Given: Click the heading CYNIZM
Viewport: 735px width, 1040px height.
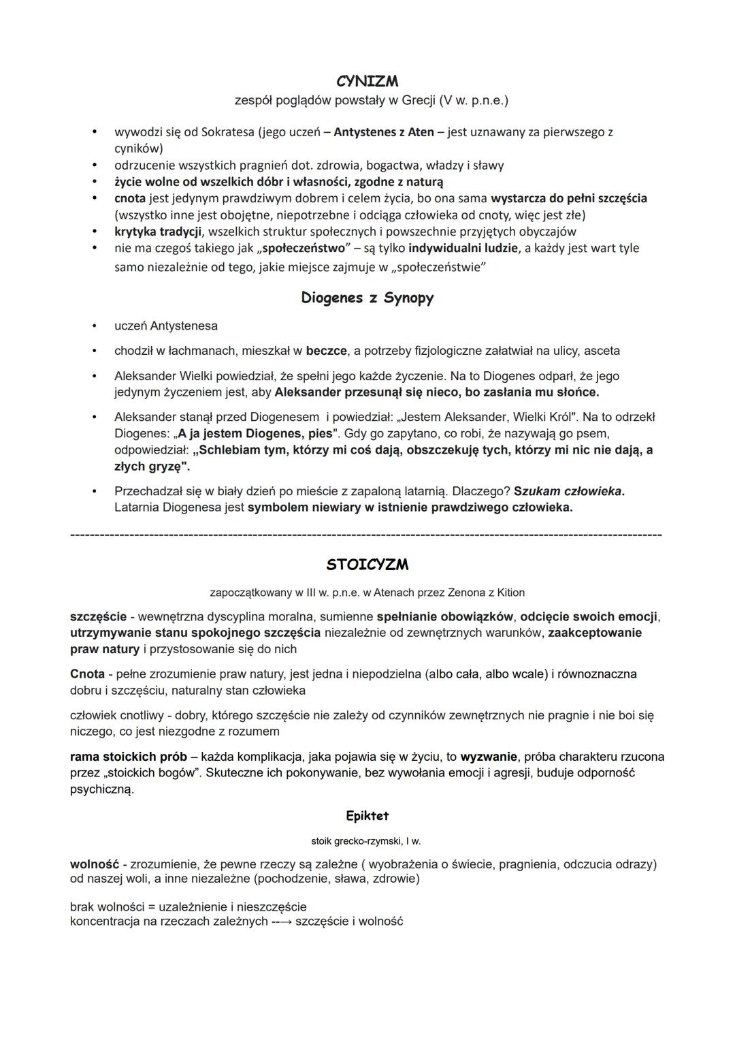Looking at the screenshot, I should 367,81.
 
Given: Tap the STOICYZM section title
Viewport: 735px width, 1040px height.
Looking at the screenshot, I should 367,565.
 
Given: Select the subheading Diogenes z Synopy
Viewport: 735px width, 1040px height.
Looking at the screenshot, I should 367,298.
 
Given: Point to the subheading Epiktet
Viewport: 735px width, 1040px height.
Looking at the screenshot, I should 367,815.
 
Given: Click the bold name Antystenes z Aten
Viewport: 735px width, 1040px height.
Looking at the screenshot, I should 384,131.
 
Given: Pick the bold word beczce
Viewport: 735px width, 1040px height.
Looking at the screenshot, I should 326,351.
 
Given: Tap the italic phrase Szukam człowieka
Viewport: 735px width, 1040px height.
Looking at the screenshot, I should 568,491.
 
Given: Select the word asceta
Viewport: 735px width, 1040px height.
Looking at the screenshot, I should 602,351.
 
